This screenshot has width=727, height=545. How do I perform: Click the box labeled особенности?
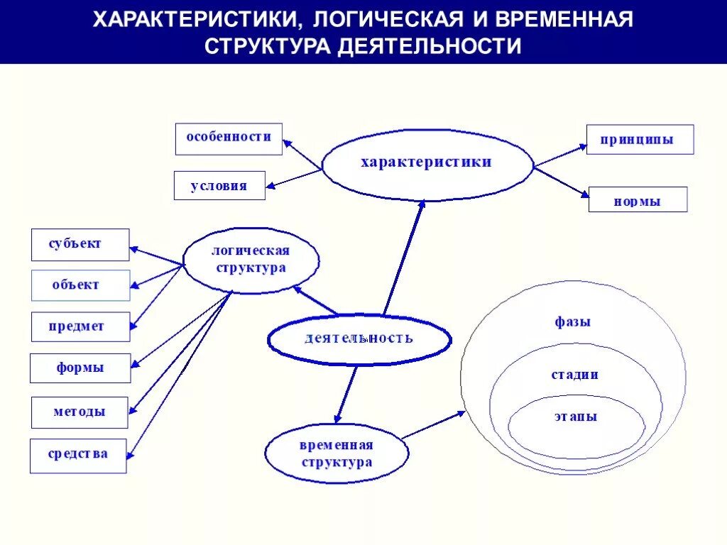pyautogui.click(x=229, y=138)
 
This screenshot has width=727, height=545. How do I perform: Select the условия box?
pyautogui.click(x=219, y=186)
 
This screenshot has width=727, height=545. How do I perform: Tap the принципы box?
pyautogui.click(x=640, y=140)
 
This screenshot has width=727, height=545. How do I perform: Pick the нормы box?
pyautogui.click(x=638, y=200)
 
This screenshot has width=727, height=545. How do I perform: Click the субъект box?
pyautogui.click(x=80, y=245)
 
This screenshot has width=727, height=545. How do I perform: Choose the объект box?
pyautogui.click(x=80, y=285)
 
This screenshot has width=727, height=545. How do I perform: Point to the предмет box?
pyautogui.click(x=80, y=326)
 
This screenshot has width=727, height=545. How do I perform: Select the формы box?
pyautogui.click(x=80, y=368)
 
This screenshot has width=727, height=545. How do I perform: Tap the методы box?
pyautogui.click(x=80, y=412)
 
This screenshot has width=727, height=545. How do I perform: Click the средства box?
pyautogui.click(x=78, y=455)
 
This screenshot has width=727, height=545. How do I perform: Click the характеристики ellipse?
pyautogui.click(x=427, y=163)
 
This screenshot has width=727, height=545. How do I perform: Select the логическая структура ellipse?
pyautogui.click(x=251, y=260)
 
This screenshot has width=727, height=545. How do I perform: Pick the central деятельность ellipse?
pyautogui.click(x=359, y=339)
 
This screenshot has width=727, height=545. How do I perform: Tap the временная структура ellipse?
pyautogui.click(x=337, y=454)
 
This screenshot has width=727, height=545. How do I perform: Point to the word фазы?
pyautogui.click(x=572, y=322)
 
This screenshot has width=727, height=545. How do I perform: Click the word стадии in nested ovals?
pyautogui.click(x=574, y=375)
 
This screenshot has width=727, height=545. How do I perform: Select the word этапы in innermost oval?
pyautogui.click(x=576, y=417)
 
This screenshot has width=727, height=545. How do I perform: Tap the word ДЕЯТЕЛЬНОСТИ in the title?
pyautogui.click(x=429, y=45)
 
